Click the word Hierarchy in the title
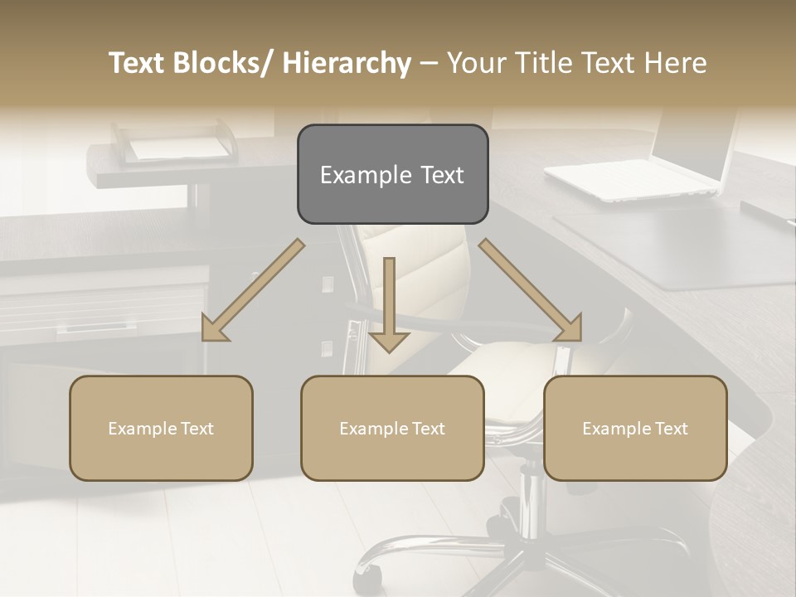[x=347, y=63]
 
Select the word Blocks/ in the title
[x=225, y=63]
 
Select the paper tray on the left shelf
[x=176, y=144]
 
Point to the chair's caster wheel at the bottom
[x=368, y=579]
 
